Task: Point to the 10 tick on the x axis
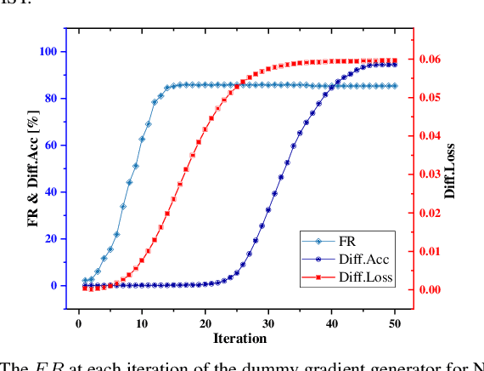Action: pyautogui.click(x=142, y=322)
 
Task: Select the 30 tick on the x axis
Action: pyautogui.click(x=268, y=322)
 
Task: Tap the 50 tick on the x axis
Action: pyautogui.click(x=394, y=322)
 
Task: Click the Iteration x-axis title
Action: pyautogui.click(x=239, y=339)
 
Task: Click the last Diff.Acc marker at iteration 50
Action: pyautogui.click(x=394, y=65)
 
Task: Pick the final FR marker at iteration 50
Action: pyautogui.click(x=394, y=86)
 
